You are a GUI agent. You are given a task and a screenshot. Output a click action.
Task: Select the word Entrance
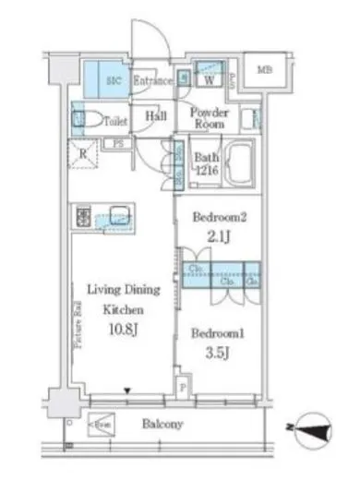click(x=153, y=81)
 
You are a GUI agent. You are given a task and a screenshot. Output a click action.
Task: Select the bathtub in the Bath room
click(x=238, y=165)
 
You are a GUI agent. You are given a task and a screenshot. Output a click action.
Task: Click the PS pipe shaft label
click(x=118, y=144)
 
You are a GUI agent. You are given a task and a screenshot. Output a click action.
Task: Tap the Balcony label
click(x=162, y=424)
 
